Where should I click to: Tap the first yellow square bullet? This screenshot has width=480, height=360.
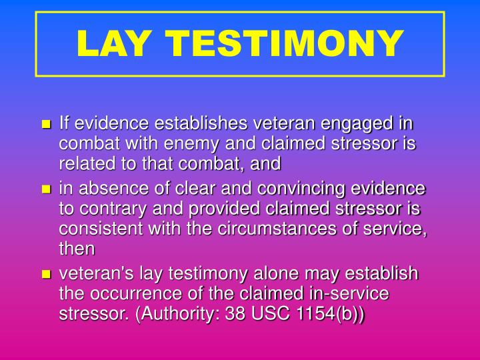[x=46, y=125]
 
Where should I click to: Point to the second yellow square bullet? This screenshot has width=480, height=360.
[x=46, y=190]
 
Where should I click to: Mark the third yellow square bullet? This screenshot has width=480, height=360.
[x=46, y=274]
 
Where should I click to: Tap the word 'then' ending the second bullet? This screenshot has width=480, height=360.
[x=77, y=249]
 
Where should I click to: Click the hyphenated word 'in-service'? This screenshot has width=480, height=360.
[x=354, y=293]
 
